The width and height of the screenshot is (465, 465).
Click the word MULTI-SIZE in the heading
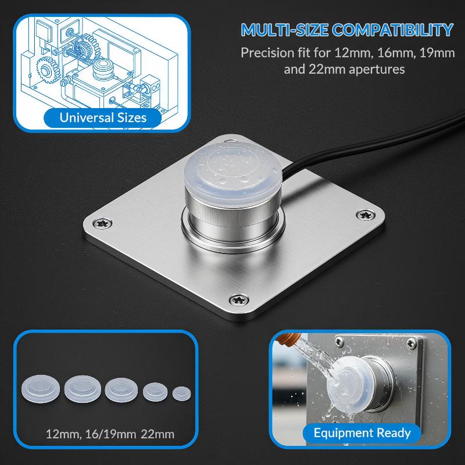pyautogui.click(x=285, y=30)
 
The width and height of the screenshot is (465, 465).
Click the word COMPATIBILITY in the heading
pyautogui.click(x=393, y=30)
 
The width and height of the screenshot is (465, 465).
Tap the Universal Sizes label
pyautogui.click(x=103, y=118)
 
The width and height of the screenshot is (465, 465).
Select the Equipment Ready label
pyautogui.click(x=362, y=433)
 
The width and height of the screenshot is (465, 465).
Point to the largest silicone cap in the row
pyautogui.click(x=41, y=389)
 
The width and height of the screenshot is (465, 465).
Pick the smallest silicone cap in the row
pyautogui.click(x=181, y=394)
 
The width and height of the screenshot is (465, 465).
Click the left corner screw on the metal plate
pyautogui.click(x=102, y=223)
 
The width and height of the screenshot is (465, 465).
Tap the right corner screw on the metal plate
pyautogui.click(x=366, y=214)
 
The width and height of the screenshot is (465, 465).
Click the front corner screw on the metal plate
pyautogui.click(x=239, y=299)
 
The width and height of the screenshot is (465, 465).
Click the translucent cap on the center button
pyautogui.click(x=233, y=173)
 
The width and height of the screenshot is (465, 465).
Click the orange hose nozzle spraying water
pyautogui.click(x=288, y=339)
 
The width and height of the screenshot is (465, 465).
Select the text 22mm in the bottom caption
pyautogui.click(x=158, y=434)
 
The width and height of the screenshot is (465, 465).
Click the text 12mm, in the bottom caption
pyautogui.click(x=63, y=434)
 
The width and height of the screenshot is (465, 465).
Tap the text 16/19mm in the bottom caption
pyautogui.click(x=110, y=434)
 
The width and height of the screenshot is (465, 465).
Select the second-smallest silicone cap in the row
pyautogui.click(x=155, y=392)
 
